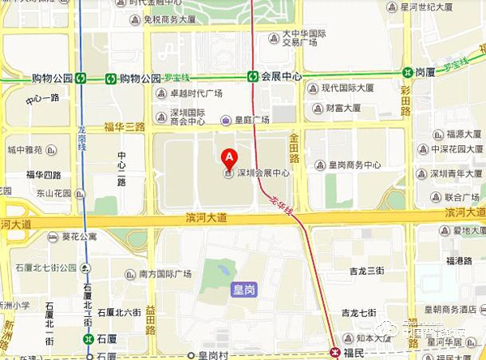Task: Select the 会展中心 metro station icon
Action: click(254, 77)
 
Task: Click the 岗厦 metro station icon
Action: click(407, 72)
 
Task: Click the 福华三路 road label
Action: click(125, 127)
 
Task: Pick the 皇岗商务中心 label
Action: click(353, 165)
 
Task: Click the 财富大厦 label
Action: click(343, 108)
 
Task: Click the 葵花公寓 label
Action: click(79, 237)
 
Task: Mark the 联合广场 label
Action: click(463, 196)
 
